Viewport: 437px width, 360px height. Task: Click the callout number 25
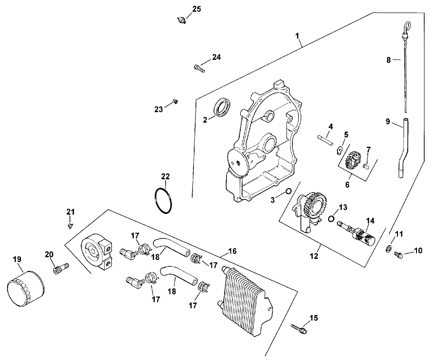pyautogui.click(x=196, y=9)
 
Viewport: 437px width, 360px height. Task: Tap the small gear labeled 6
pyautogui.click(x=352, y=162)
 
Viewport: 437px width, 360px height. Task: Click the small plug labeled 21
pyautogui.click(x=70, y=226)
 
